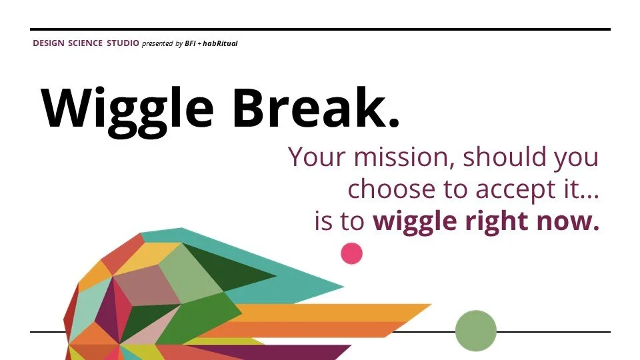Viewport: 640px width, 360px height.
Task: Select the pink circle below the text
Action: click(x=351, y=253)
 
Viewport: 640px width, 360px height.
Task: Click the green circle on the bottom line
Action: click(x=476, y=331)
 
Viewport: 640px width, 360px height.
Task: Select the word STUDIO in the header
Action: click(x=123, y=43)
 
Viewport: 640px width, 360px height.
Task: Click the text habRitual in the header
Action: click(x=220, y=43)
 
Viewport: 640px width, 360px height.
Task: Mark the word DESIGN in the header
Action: click(x=49, y=43)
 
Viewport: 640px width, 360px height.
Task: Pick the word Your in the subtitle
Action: click(x=317, y=158)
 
